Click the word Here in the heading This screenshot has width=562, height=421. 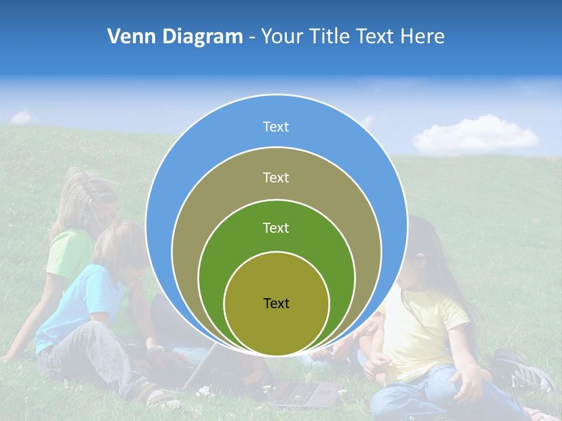click(422, 37)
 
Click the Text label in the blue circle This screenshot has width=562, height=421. click(276, 127)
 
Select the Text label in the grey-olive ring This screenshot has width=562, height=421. click(276, 177)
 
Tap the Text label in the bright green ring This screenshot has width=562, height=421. click(276, 227)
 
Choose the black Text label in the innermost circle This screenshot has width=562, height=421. click(276, 303)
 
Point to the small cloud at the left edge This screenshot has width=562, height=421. click(21, 117)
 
